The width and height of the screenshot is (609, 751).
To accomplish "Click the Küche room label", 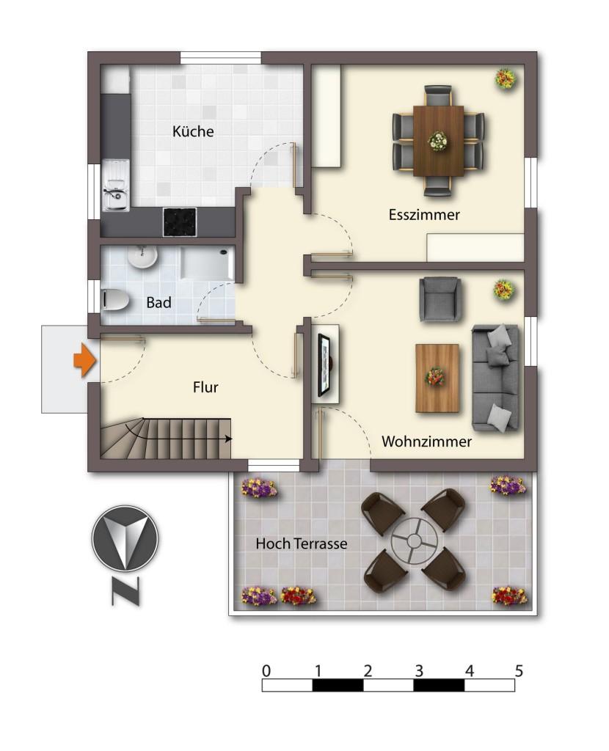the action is coord(193,131).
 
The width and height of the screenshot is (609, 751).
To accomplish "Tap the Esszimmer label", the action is coord(424,215).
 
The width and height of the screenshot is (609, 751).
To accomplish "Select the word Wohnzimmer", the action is coord(426,441).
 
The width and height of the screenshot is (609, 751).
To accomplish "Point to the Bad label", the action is coord(158,302).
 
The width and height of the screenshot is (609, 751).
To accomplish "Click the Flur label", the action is coord(205,387).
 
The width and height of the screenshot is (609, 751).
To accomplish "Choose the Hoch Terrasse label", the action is coord(302,543).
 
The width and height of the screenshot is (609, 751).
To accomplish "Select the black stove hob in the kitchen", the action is coord(180,221).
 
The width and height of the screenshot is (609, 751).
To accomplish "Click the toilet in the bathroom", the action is coord(115,300).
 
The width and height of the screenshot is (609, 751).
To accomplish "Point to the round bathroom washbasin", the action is coord(142,257).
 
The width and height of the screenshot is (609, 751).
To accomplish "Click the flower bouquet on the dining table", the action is coord(438,142).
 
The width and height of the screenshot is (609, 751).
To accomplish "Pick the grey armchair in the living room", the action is coord(441,300).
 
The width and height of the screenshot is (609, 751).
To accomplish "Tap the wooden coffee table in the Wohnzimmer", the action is coord(437,378).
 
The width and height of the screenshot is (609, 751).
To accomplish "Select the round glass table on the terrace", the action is coord(415,541).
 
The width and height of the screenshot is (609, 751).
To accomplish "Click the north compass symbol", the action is coord(125,538).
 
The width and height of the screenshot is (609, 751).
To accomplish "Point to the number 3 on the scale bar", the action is coord(419,671).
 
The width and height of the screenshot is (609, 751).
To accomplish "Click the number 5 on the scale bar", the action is coord(519,671).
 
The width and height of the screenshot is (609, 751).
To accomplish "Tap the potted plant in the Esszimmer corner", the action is coord(506,78).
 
